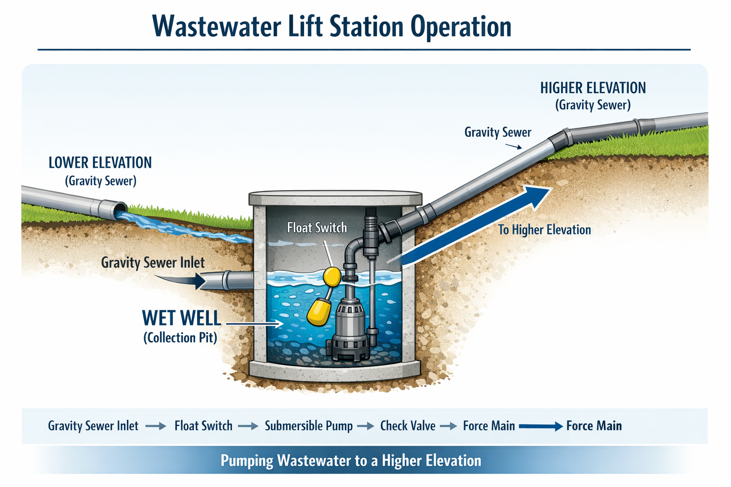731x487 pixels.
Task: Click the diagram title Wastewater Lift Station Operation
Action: point(332,27)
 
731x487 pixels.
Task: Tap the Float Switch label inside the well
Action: point(317,228)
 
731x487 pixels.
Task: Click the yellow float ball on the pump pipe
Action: point(332,276)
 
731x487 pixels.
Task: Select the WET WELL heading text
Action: point(182,318)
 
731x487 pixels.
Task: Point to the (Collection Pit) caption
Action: point(180,338)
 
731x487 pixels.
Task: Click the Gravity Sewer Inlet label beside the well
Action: point(153,263)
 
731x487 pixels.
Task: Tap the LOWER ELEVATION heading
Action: point(100,163)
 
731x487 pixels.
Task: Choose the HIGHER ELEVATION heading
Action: point(593,88)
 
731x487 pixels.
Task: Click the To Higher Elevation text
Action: point(544,230)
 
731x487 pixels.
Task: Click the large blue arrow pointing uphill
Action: point(476,224)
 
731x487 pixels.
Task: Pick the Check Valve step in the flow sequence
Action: point(407,426)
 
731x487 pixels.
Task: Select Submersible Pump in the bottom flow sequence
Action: point(308,426)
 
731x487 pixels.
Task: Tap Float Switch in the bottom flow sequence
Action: point(203,426)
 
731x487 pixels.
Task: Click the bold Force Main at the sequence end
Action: point(594,426)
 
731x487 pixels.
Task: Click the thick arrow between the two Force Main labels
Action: point(541,426)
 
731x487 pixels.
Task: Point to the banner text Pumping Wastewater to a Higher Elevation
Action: point(351,460)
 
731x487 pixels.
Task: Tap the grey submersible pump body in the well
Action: point(350,323)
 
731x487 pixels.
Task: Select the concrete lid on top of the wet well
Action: point(336,198)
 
